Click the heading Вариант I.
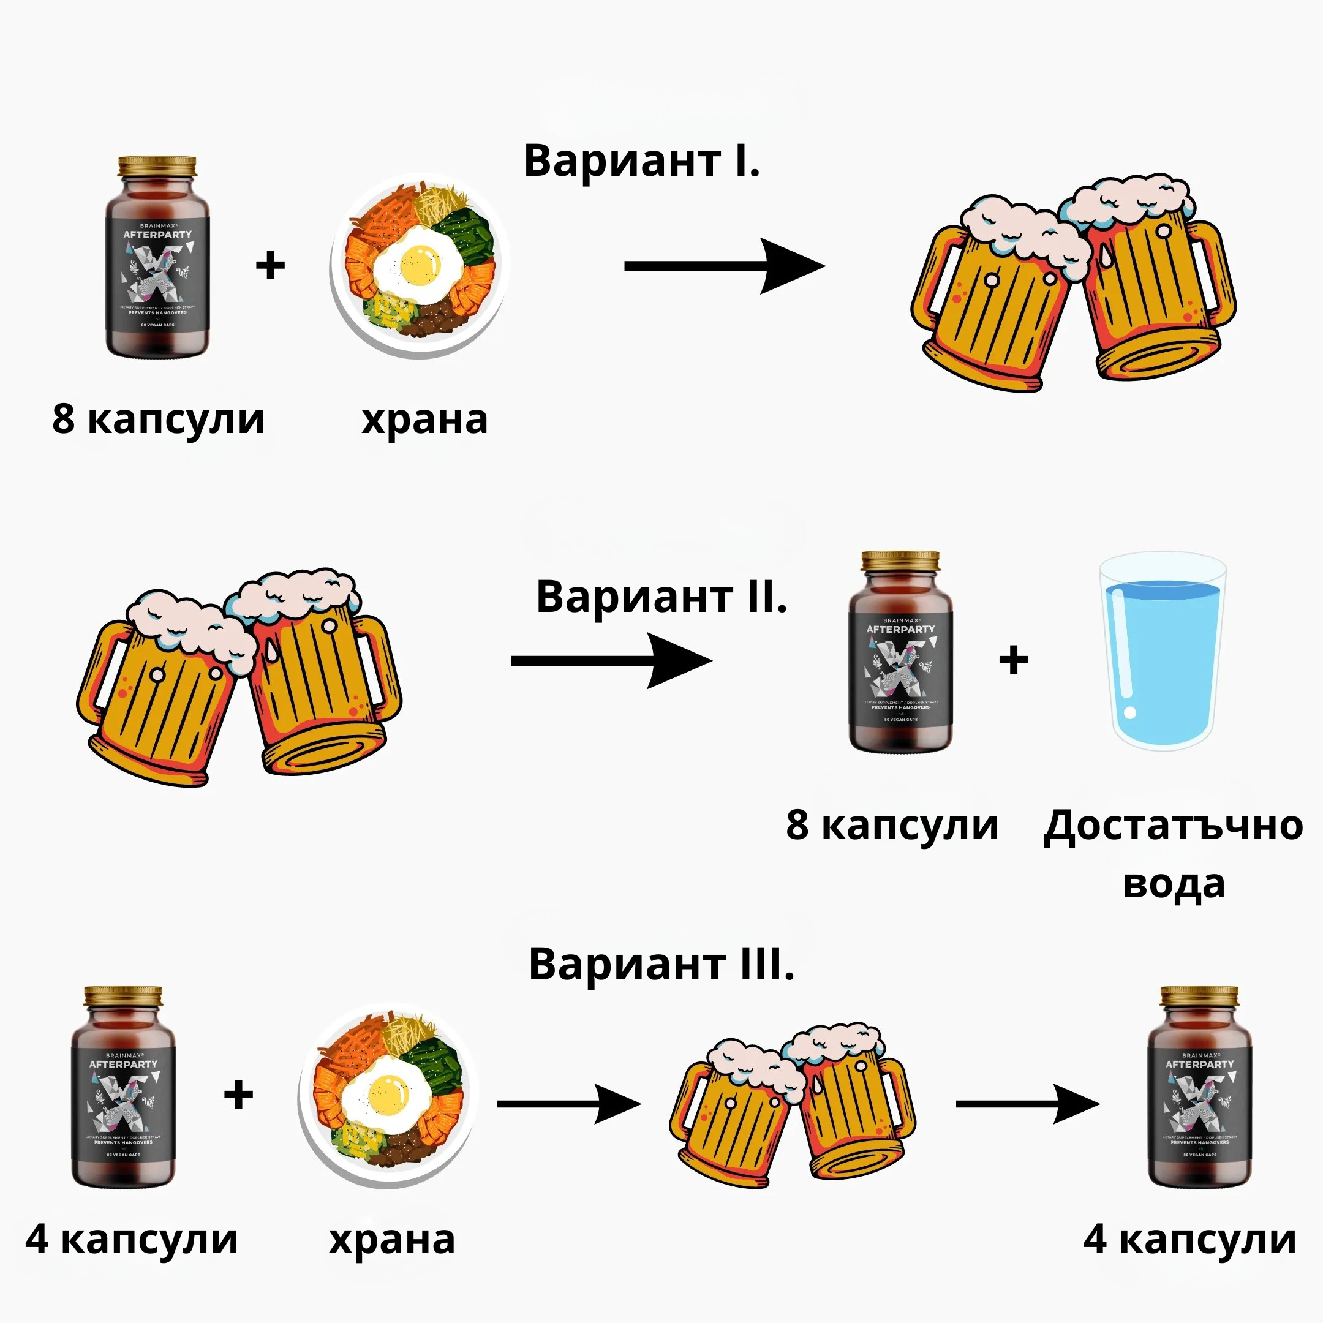tap(642, 162)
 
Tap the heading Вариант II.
tap(661, 597)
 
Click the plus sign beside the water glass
tap(1014, 660)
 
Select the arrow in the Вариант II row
tap(611, 660)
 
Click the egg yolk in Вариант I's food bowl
tap(420, 265)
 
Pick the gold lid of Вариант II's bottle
tap(900, 562)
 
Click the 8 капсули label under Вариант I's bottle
tap(158, 418)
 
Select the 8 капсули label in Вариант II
tap(892, 824)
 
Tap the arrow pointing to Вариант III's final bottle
tap(1027, 1103)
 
